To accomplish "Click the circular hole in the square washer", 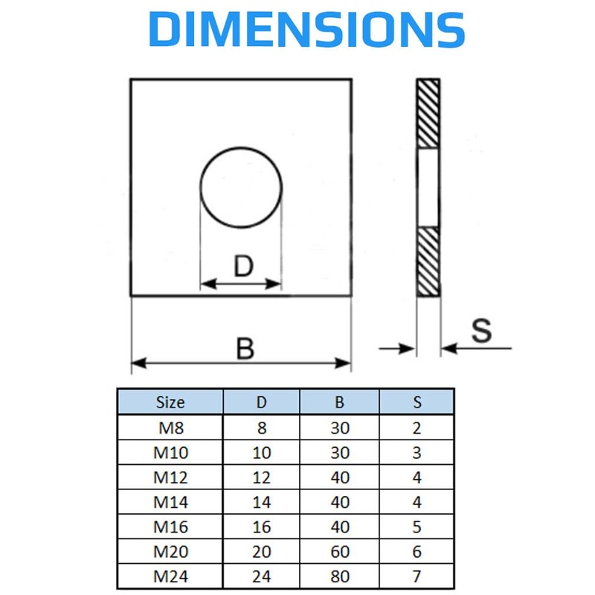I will tap(241, 188).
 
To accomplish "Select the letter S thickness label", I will tap(482, 330).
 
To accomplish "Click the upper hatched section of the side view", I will tap(428, 113).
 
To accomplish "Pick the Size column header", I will tap(170, 402).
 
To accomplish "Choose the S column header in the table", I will tap(417, 402).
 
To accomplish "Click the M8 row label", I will tap(170, 428).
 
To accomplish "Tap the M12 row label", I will tap(170, 477).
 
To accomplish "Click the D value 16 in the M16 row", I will tap(262, 527).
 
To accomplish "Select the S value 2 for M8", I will tap(417, 428).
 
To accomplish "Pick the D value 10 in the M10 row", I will tap(262, 453).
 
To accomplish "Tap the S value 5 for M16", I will tap(417, 527).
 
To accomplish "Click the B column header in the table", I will tap(340, 402).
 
